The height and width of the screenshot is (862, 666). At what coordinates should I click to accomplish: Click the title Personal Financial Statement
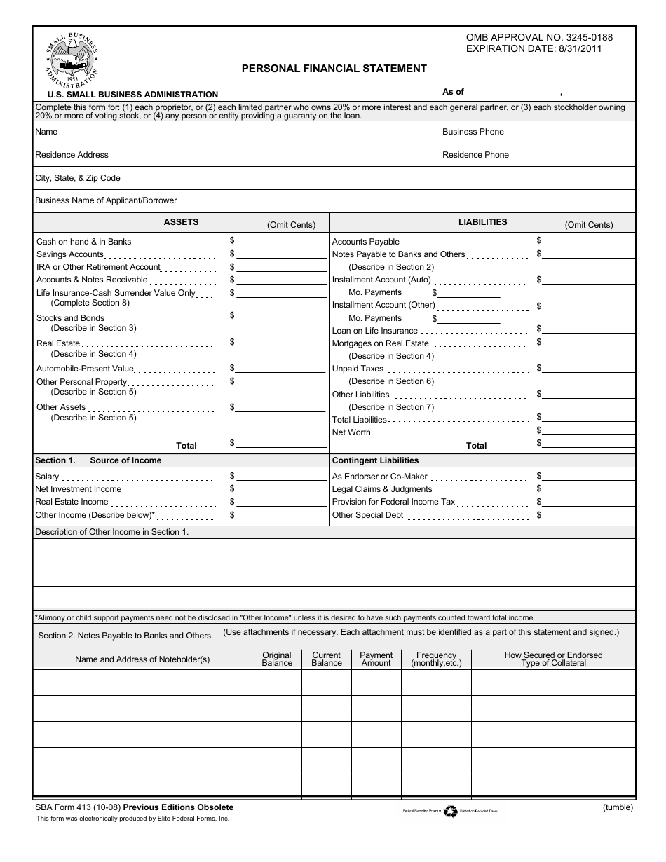(334, 69)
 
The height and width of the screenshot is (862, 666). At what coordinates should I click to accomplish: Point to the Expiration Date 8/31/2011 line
(534, 48)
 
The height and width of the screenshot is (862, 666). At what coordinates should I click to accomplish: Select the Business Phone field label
(473, 132)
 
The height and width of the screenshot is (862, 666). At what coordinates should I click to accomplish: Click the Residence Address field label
(72, 155)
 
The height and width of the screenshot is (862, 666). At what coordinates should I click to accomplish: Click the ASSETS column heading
(181, 222)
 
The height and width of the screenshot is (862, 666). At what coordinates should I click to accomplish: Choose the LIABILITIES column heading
(482, 222)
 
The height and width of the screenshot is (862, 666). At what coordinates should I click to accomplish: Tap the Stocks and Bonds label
(70, 318)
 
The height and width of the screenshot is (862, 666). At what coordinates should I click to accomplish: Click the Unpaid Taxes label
(358, 369)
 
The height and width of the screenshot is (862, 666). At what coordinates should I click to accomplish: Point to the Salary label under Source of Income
(47, 477)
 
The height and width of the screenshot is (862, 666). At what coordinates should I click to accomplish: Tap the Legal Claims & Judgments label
(382, 489)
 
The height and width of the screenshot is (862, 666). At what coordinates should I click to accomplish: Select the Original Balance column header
(277, 659)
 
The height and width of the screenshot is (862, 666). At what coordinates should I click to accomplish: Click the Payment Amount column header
(376, 659)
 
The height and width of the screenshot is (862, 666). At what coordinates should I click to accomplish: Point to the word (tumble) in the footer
(618, 807)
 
